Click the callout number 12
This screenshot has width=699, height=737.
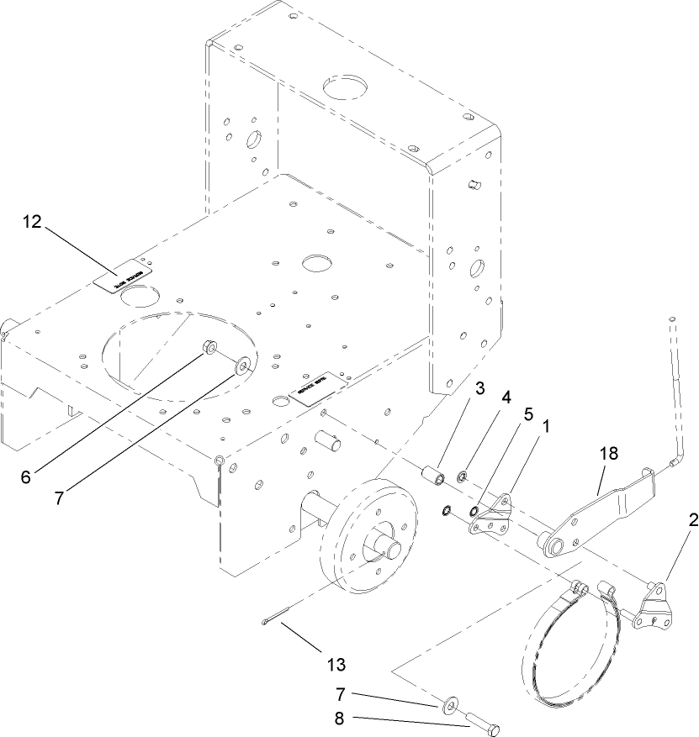click(x=32, y=222)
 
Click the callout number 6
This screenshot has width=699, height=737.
click(x=25, y=476)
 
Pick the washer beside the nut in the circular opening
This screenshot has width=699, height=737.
click(x=244, y=365)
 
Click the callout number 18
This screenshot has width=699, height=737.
click(x=609, y=454)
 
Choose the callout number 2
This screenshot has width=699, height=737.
click(x=691, y=521)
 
